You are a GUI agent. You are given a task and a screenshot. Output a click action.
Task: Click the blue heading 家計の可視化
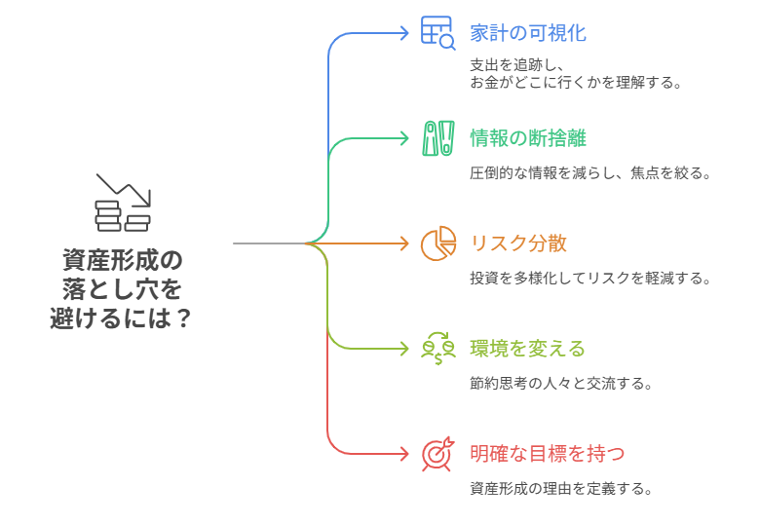point(527,32)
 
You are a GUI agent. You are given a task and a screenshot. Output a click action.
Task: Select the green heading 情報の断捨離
point(527,137)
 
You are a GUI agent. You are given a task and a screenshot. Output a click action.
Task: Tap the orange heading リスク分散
point(517,243)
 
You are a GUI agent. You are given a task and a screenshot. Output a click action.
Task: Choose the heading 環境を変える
point(527,348)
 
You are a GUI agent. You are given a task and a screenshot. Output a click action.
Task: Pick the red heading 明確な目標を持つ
point(547,453)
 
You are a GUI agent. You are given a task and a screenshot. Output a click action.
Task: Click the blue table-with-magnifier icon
point(437,32)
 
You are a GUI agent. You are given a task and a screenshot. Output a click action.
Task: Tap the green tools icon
point(437,137)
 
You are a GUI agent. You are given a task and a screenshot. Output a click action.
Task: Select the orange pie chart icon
point(438,243)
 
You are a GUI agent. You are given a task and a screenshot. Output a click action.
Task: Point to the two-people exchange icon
point(438,348)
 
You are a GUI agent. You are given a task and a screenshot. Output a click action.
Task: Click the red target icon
point(437,453)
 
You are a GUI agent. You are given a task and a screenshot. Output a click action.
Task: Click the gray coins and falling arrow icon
point(123,203)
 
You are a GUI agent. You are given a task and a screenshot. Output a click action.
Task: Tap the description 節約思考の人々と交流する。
point(560,384)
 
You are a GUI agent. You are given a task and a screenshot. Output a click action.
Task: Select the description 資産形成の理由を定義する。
point(560,489)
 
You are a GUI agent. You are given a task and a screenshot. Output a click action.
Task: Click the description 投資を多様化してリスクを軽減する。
point(589,279)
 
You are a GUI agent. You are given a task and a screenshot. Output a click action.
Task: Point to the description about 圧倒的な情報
point(589,173)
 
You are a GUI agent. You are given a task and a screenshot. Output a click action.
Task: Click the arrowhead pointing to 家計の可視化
point(404,32)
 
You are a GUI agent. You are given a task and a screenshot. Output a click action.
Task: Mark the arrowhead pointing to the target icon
point(404,453)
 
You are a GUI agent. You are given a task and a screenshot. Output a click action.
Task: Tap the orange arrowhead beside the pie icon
point(404,243)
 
